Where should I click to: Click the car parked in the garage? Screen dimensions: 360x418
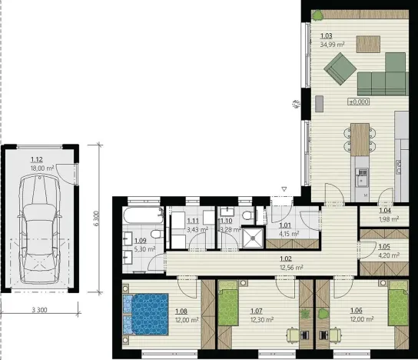tap(38, 227)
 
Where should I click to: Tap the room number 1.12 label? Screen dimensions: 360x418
tap(36, 160)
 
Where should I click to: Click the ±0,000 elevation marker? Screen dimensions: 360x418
tap(358, 101)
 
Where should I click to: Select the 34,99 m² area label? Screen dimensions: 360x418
tap(331, 45)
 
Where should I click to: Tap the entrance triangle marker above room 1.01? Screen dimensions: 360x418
tap(284, 189)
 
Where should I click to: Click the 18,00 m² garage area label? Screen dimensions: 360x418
tap(41, 168)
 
